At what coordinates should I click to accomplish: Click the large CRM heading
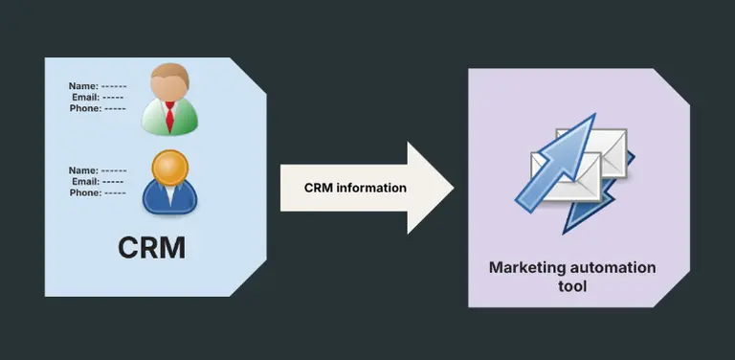(151, 247)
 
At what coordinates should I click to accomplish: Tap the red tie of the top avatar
(169, 119)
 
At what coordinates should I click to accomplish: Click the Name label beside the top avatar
(82, 86)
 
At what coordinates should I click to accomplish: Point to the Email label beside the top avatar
(84, 98)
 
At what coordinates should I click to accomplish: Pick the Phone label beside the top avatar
(85, 109)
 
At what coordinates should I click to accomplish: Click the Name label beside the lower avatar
(82, 170)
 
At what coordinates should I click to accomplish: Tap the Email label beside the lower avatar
(84, 182)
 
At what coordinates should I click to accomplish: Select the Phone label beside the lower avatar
(85, 193)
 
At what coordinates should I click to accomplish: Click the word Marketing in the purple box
(528, 268)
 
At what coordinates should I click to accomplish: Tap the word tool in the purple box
(572, 286)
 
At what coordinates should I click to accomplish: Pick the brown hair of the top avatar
(170, 72)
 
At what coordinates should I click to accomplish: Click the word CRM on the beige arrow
(319, 188)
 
